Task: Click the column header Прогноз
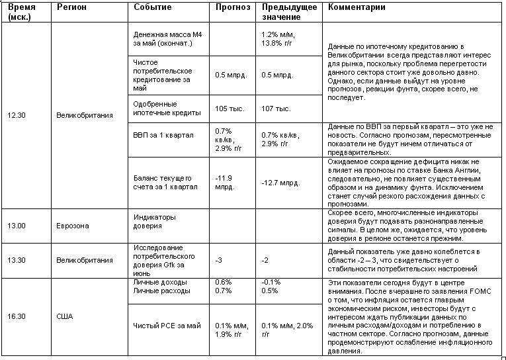pos(233,7)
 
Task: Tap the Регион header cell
pos(71,7)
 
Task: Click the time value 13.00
pos(17,226)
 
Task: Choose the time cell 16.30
pos(17,316)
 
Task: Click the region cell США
pos(65,316)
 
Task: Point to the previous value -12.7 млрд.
pos(281,183)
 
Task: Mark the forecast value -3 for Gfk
pos(220,260)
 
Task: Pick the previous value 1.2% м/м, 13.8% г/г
pos(279,38)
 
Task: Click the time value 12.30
pos(16,114)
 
